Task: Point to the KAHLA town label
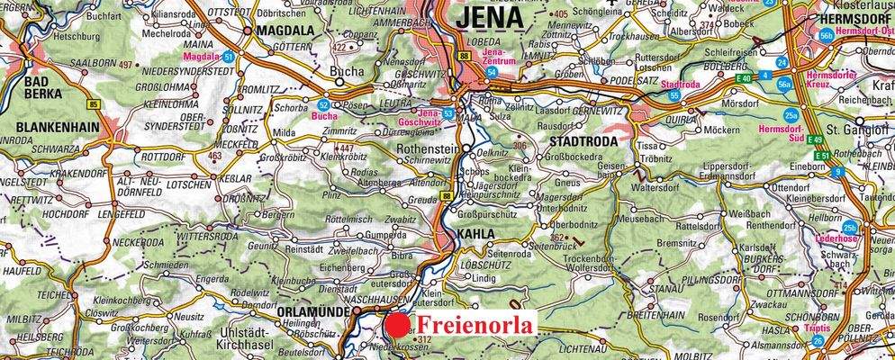(475, 234)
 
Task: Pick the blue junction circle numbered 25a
(791, 115)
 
